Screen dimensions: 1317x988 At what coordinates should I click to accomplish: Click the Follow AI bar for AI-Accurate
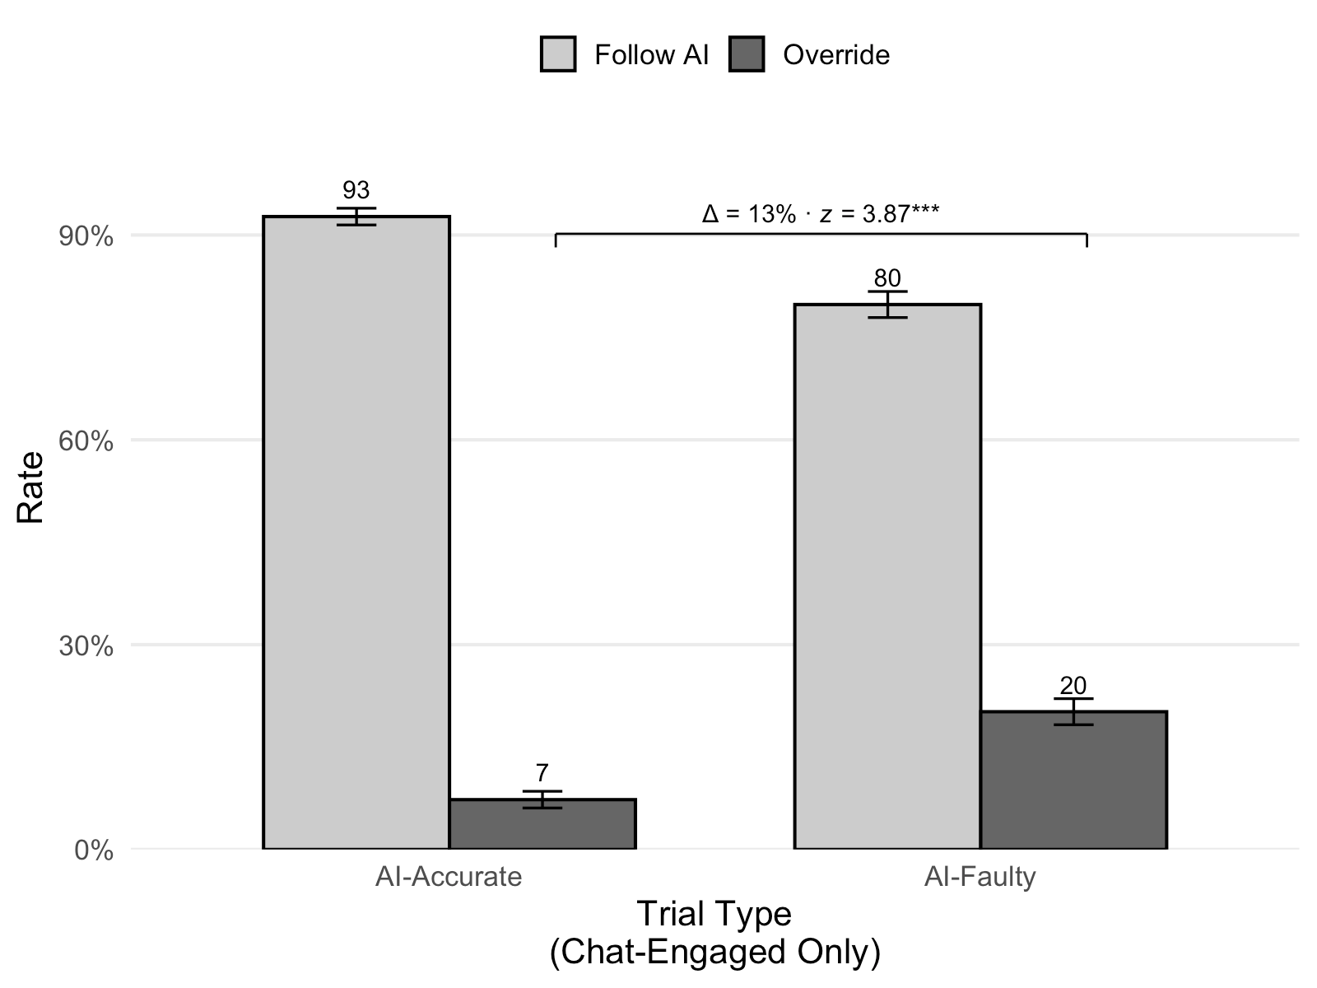356,532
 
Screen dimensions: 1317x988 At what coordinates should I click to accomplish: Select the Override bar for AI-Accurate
542,823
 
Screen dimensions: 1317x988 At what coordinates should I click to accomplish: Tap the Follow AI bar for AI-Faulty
887,576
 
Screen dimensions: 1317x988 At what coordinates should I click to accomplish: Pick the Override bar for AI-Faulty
1073,780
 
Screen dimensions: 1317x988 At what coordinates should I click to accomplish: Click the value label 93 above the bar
356,190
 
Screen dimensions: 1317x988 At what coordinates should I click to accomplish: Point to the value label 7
542,773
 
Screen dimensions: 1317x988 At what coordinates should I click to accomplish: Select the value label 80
887,278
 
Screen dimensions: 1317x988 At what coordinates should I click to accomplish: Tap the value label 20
1073,686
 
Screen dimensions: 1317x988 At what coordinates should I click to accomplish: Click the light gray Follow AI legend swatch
558,54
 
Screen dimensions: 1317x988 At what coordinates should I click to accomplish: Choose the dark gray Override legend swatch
747,54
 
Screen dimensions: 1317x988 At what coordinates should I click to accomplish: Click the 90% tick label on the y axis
86,237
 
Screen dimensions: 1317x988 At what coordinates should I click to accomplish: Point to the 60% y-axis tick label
86,441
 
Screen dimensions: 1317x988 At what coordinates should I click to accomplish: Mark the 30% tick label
86,646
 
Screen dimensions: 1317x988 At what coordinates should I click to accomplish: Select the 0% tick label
94,851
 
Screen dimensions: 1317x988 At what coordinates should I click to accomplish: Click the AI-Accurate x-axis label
449,877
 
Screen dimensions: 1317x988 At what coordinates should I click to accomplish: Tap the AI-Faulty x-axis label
980,877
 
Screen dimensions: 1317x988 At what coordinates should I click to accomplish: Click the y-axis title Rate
30,487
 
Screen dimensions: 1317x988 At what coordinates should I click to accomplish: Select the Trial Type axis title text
714,914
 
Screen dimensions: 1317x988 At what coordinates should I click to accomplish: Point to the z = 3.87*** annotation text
880,213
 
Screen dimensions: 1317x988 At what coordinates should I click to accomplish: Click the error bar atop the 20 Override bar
1073,711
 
